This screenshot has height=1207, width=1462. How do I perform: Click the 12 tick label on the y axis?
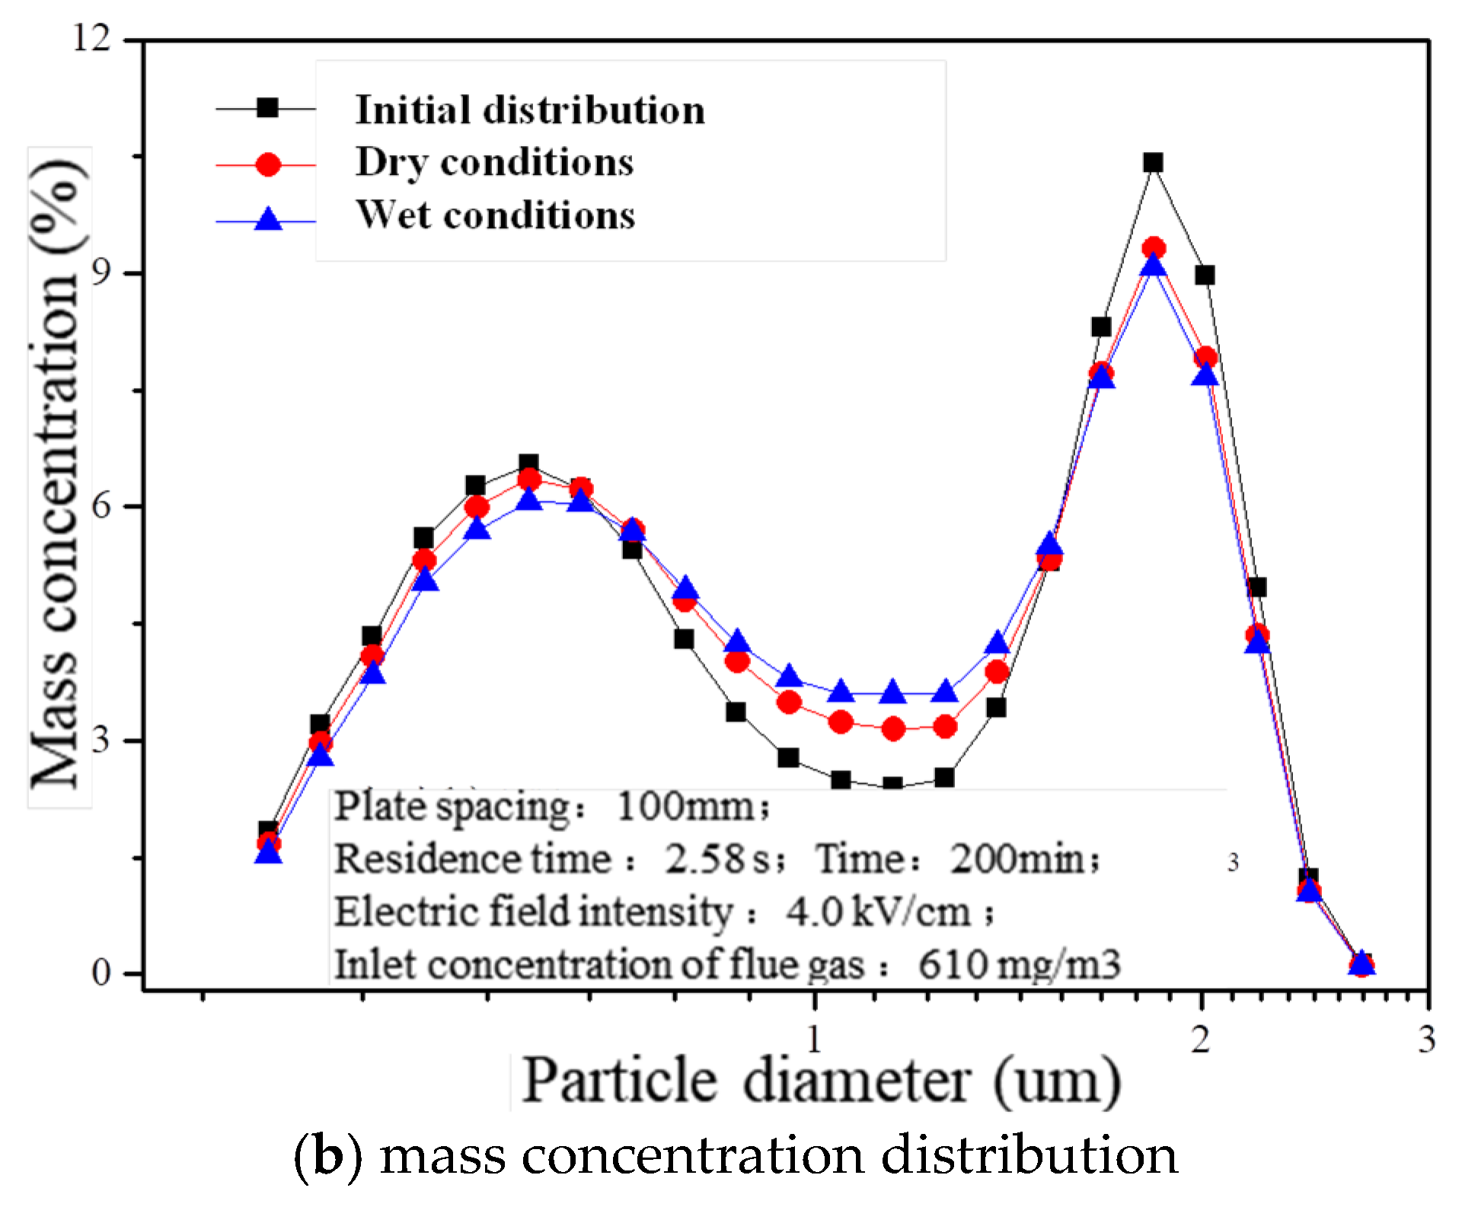coord(93,37)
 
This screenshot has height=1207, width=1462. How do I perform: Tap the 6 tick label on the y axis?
coord(103,506)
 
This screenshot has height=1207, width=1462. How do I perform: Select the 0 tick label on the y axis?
coord(103,972)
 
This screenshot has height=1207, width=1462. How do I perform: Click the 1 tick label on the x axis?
coord(814,1039)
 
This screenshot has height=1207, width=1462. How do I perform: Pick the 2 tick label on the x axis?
coord(1201,1039)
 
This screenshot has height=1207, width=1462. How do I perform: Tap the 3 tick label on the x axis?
coord(1426,1039)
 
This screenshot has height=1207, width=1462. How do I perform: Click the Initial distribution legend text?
coord(530,110)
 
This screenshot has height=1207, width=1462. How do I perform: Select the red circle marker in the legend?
coord(268,164)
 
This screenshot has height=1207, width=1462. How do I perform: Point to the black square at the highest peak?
coord(1153,162)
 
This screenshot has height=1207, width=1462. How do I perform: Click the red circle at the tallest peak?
coord(1154,248)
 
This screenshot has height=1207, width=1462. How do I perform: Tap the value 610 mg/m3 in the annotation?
coord(1019,965)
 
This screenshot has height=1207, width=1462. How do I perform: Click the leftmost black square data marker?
coord(268,830)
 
